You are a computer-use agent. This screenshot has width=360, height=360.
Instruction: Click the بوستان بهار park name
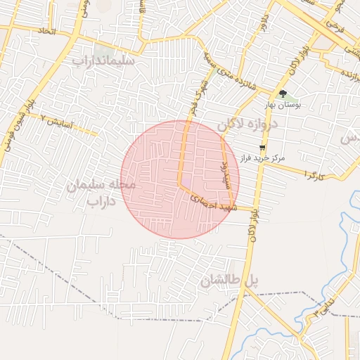(x=283, y=105)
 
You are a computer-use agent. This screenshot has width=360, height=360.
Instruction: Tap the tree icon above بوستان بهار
(x=283, y=94)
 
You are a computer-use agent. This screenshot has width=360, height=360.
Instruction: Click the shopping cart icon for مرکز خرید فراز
(x=262, y=148)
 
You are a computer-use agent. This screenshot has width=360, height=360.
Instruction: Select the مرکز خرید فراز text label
(x=262, y=158)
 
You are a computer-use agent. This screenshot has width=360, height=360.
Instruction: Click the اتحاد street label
(x=47, y=32)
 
